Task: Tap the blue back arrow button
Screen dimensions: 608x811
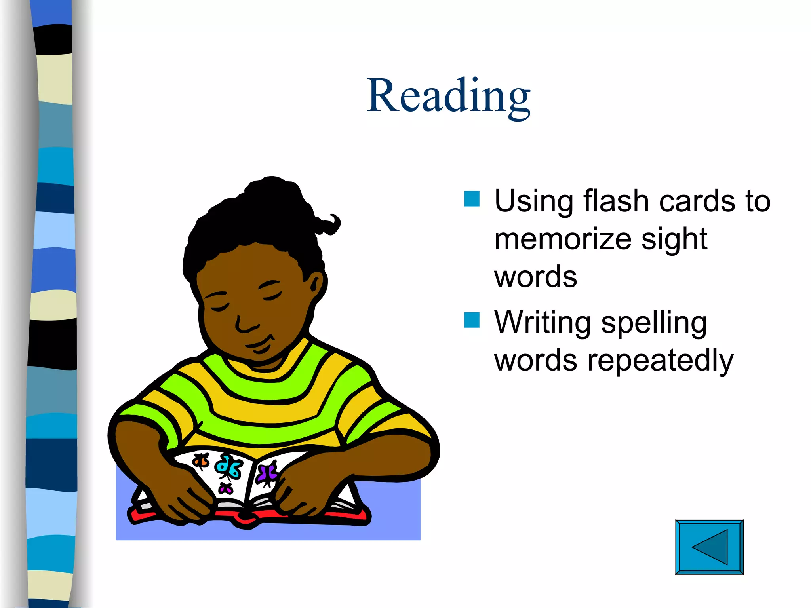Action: click(709, 547)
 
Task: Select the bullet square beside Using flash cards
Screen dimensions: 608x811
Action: click(472, 199)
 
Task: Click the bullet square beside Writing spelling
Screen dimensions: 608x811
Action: click(472, 320)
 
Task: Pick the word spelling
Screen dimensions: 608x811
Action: click(654, 323)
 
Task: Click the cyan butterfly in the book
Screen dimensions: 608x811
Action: click(229, 467)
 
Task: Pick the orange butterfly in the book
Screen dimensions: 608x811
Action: click(201, 461)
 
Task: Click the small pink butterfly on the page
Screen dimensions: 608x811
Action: click(226, 489)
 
